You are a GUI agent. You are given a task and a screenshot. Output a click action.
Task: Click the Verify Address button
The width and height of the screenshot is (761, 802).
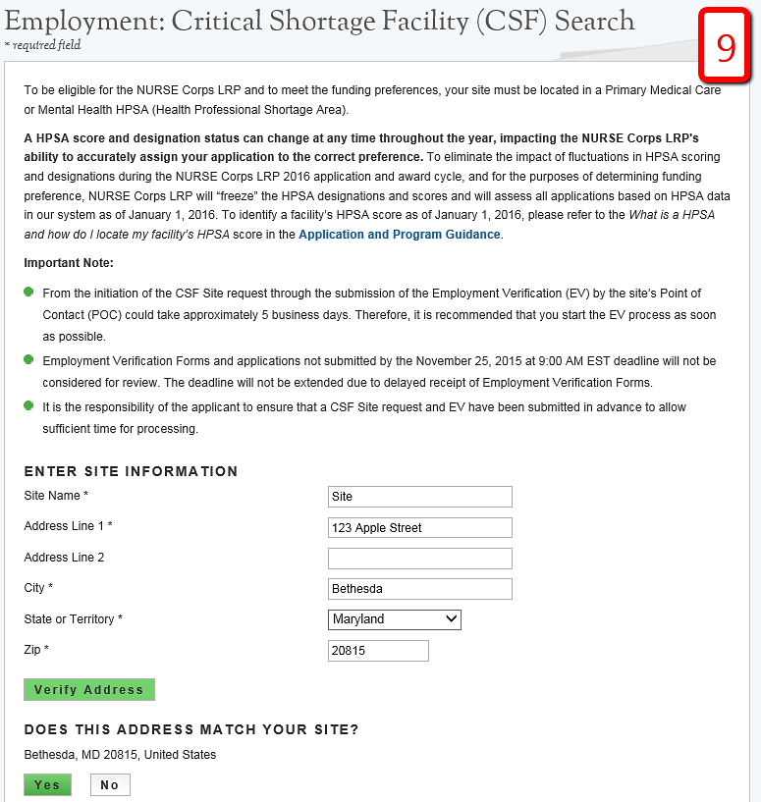coord(89,690)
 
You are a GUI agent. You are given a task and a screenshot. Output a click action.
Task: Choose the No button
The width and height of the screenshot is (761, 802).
coord(110,785)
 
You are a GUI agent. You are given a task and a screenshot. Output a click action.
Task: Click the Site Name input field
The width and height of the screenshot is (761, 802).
coord(419,497)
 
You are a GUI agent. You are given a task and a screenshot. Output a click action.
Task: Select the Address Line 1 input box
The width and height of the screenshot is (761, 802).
coord(419,528)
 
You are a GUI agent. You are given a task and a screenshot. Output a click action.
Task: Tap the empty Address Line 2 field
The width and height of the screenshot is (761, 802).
coord(419,559)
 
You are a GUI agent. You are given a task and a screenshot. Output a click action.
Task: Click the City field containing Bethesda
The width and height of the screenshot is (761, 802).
coord(419,589)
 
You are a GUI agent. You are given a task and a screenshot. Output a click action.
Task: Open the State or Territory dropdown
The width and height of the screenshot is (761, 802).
coord(394,619)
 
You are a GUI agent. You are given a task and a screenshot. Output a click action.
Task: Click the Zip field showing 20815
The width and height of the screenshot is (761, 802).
coord(378,651)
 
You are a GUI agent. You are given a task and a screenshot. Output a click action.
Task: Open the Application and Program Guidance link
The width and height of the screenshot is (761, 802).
coord(399,235)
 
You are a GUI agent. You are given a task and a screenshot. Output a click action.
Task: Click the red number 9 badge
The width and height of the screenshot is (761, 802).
coord(726,46)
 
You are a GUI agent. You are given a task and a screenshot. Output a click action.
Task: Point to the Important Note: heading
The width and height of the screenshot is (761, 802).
coord(69,263)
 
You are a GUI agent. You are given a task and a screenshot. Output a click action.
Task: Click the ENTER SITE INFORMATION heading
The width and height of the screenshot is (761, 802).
coord(131,471)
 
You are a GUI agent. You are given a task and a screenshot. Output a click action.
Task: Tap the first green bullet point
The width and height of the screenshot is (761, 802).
coord(29,292)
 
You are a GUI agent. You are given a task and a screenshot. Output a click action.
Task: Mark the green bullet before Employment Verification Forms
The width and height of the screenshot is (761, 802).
coord(29,359)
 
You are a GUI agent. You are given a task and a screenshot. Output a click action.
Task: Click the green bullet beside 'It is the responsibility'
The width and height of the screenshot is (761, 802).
coord(29,404)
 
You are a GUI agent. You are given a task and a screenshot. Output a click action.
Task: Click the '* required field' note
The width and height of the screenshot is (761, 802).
coord(42,45)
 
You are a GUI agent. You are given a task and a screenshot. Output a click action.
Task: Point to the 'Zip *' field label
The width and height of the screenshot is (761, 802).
coord(36,650)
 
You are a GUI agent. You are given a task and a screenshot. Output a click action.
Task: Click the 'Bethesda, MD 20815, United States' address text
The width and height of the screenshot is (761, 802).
coord(120,755)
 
